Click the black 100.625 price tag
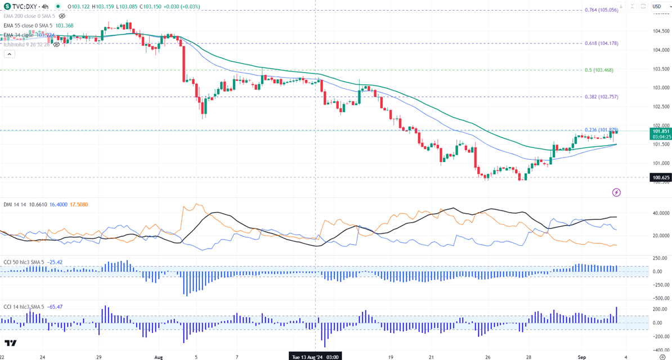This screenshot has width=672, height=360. pos(661,178)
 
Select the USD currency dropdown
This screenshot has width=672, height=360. pos(657,6)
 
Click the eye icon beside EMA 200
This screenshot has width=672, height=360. pos(62,16)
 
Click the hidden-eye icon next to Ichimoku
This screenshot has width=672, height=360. pos(56,44)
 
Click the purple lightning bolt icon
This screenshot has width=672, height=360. pos(616,192)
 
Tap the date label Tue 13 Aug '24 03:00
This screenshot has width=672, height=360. pos(314,357)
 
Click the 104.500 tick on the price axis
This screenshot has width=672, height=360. pos(660,31)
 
